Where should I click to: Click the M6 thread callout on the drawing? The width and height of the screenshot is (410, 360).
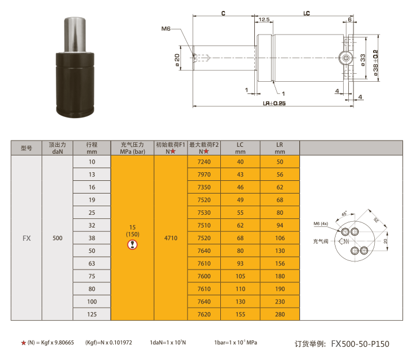[165, 29]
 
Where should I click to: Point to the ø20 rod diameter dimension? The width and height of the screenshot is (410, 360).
[177, 60]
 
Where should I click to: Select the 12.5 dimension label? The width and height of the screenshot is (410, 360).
[264, 20]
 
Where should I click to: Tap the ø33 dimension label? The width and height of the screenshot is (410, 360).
[363, 60]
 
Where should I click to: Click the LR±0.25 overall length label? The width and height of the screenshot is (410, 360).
[274, 103]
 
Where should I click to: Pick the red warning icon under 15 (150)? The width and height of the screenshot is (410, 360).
[132, 245]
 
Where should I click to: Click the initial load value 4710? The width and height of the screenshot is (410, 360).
[171, 238]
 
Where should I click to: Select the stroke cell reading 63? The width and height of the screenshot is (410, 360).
[92, 263]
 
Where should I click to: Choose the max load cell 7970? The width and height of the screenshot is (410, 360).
[204, 175]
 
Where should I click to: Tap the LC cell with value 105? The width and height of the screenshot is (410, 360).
[240, 276]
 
